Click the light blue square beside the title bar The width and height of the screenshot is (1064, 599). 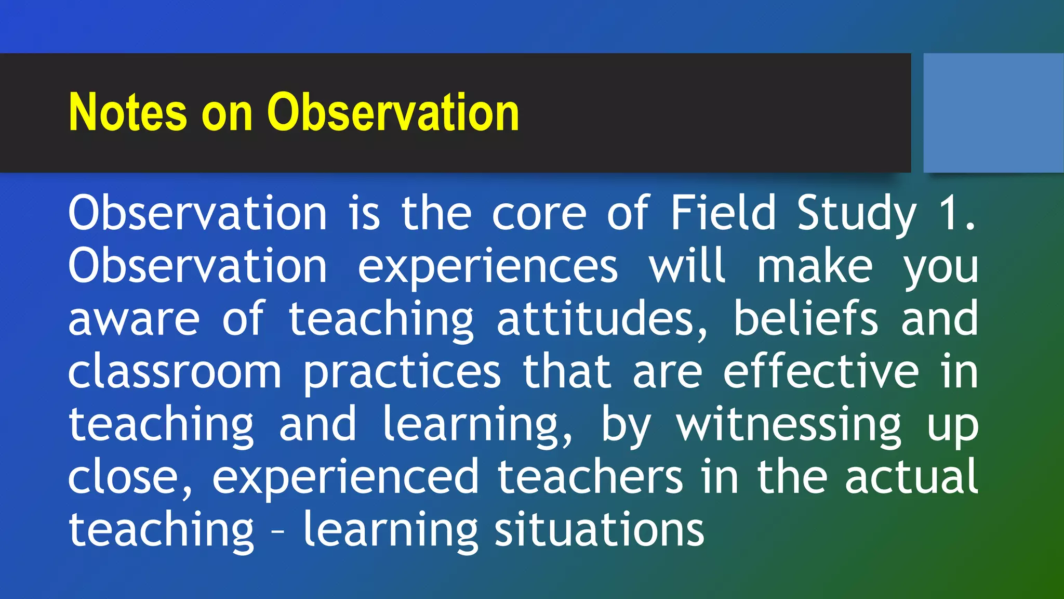click(993, 112)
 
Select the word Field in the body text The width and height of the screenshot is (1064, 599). click(723, 213)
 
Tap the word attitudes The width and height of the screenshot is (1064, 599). click(602, 319)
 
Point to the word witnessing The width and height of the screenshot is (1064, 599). click(789, 426)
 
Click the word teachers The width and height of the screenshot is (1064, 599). click(590, 477)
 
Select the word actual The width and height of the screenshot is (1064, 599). click(911, 477)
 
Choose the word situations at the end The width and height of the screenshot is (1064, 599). click(599, 530)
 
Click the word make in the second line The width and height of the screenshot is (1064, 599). click(814, 266)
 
